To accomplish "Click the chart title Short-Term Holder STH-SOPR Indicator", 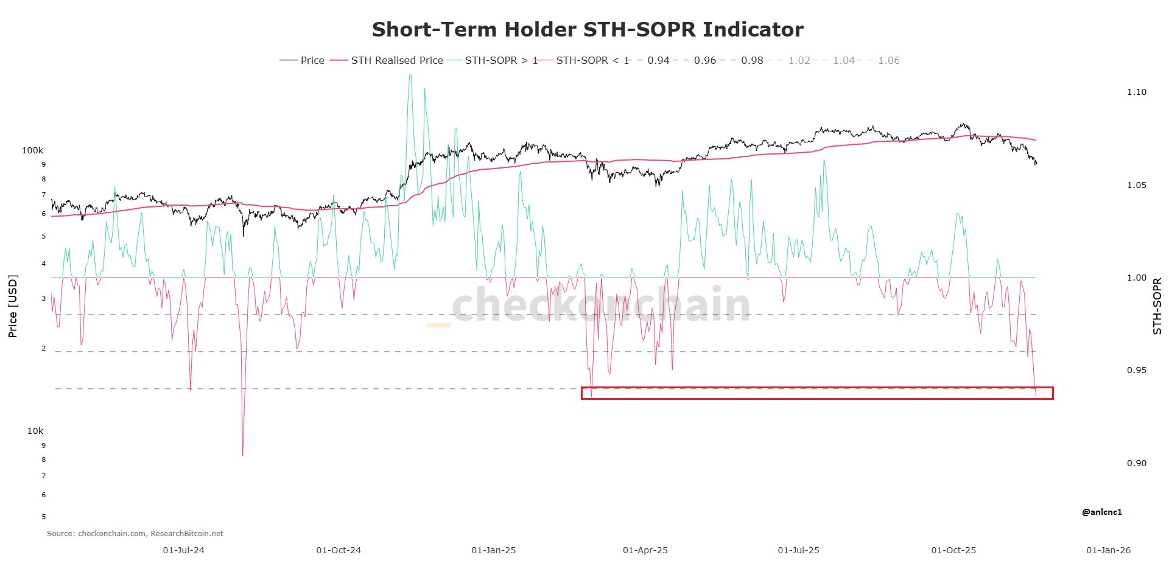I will [x=588, y=29].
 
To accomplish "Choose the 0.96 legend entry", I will [x=704, y=60].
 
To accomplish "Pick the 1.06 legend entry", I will [x=888, y=60].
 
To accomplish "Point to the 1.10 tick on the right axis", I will [x=1136, y=92].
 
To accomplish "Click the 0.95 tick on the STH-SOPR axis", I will [x=1136, y=370].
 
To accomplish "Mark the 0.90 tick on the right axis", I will [x=1136, y=463].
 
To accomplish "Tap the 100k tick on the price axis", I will [x=33, y=150].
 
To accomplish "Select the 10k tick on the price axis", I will [x=35, y=431].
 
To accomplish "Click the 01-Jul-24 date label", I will [x=183, y=550].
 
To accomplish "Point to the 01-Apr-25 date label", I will [x=645, y=550].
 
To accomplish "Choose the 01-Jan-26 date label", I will [x=1108, y=550].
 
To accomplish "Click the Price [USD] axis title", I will [x=13, y=306].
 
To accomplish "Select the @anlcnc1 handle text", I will [x=1101, y=512].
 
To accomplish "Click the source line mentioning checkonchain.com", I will [x=135, y=534].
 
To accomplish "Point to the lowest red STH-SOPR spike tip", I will [x=243, y=455].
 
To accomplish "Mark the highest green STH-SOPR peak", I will [x=410, y=75].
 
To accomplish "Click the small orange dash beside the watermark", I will [x=438, y=326].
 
